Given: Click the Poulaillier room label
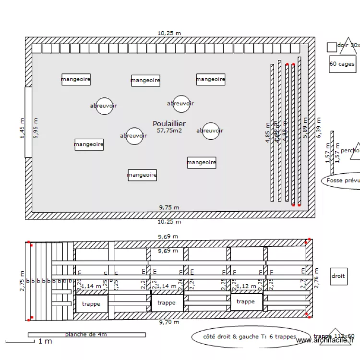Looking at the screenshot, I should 169,124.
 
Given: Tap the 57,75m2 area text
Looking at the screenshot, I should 169,131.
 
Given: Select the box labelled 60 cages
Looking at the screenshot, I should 342,63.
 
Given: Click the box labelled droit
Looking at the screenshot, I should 338,276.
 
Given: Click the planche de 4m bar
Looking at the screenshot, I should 86,335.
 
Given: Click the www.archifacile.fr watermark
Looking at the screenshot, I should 325,340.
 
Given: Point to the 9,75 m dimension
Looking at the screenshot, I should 169,207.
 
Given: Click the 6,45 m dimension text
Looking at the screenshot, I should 22,129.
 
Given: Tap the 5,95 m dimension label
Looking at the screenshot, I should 36,129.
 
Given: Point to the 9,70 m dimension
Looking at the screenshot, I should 168,323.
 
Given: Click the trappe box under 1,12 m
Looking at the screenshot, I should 246,302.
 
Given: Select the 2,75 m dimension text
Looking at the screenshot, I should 22,281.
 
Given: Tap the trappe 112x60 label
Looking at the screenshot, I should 334,336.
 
